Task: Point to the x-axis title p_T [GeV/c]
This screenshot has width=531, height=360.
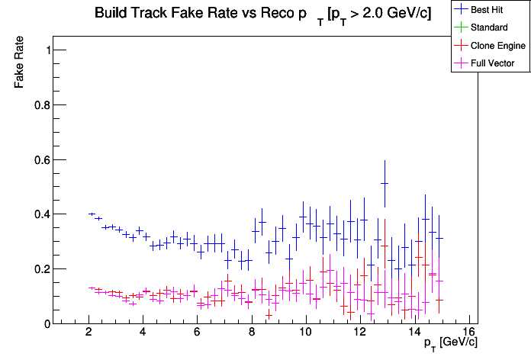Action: point(451,342)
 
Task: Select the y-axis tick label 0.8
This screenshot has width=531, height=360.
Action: point(43,105)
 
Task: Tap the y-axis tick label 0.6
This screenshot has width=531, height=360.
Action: point(43,160)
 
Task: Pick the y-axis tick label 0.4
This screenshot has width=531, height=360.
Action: point(43,214)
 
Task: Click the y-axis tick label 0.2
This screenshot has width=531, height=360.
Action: point(43,269)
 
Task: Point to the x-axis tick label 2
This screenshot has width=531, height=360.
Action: point(88,333)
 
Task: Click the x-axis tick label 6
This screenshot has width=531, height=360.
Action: point(197,333)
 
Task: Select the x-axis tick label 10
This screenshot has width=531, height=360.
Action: point(305,333)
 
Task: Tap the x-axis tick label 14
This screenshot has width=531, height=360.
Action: point(414,333)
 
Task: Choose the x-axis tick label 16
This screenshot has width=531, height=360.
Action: point(468,333)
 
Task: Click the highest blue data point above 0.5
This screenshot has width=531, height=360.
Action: point(385,183)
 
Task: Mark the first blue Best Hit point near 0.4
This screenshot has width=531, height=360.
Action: point(92,214)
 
